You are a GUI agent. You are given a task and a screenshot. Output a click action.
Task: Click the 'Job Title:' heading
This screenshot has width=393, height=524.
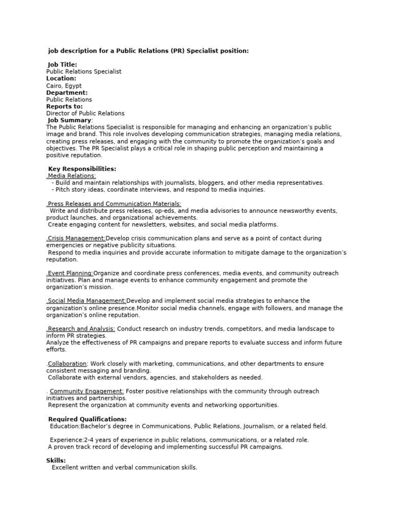[x=62, y=64]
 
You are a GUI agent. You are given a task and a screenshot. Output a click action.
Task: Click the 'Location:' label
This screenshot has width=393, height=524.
[x=61, y=78]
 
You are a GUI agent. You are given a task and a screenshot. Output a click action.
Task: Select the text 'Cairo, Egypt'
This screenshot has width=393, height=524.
[x=63, y=86]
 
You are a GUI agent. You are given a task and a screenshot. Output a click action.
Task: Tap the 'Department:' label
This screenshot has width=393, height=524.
[x=67, y=93]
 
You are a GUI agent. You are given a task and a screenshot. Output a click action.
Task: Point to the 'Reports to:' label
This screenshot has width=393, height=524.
[x=64, y=106]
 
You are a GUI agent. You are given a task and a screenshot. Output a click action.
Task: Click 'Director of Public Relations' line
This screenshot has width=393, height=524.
[x=85, y=114]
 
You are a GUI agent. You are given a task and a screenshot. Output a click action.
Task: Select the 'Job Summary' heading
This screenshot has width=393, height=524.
[x=69, y=120]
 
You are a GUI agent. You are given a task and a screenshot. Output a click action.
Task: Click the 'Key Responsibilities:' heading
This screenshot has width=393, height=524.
[x=82, y=169]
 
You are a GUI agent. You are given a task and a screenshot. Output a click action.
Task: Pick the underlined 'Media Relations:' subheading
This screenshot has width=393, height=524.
[x=71, y=176]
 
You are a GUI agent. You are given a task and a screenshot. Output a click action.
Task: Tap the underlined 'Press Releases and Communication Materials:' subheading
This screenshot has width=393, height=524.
[x=114, y=204]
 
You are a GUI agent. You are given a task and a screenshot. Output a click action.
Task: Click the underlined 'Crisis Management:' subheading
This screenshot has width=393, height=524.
[x=76, y=238]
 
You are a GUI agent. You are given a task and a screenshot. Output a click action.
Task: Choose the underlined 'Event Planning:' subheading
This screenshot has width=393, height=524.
[x=70, y=273]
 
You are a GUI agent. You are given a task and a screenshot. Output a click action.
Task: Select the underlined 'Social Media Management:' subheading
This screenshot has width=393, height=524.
[x=86, y=301]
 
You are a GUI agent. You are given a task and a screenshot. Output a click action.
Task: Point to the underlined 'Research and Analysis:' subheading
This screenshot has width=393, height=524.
[x=81, y=329]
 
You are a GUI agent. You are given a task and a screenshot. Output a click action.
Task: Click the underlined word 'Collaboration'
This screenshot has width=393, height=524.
[x=68, y=364]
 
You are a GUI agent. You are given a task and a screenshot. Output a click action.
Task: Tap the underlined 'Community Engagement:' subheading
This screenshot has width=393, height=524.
[x=86, y=391]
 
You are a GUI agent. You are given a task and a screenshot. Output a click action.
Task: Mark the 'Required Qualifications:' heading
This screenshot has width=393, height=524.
[x=87, y=419]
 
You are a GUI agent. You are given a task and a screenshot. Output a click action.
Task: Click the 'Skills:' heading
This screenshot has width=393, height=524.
[x=56, y=461]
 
